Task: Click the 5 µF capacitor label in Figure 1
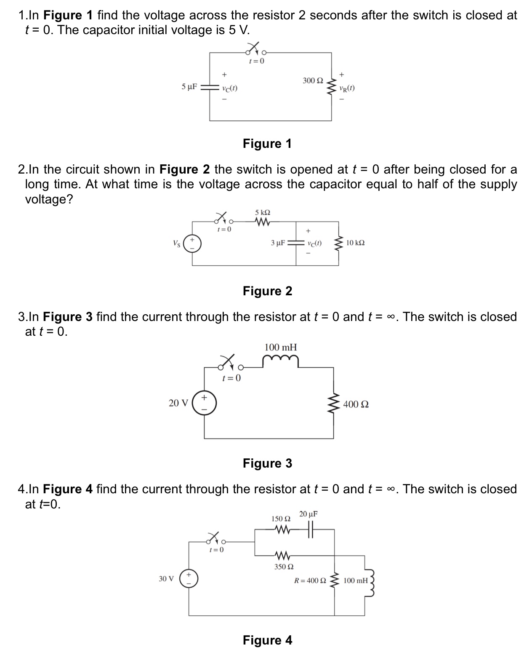[x=189, y=87]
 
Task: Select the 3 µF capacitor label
[x=278, y=243]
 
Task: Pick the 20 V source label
[x=178, y=404]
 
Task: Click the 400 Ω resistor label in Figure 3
[x=356, y=404]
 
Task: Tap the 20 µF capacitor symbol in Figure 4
[x=311, y=530]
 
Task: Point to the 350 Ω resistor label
[x=284, y=567]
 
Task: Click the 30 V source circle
[x=188, y=578]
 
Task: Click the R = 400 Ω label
[x=310, y=580]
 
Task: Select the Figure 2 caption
[x=267, y=291]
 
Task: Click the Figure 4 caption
[x=267, y=640]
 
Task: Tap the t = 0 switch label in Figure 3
[x=231, y=378]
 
